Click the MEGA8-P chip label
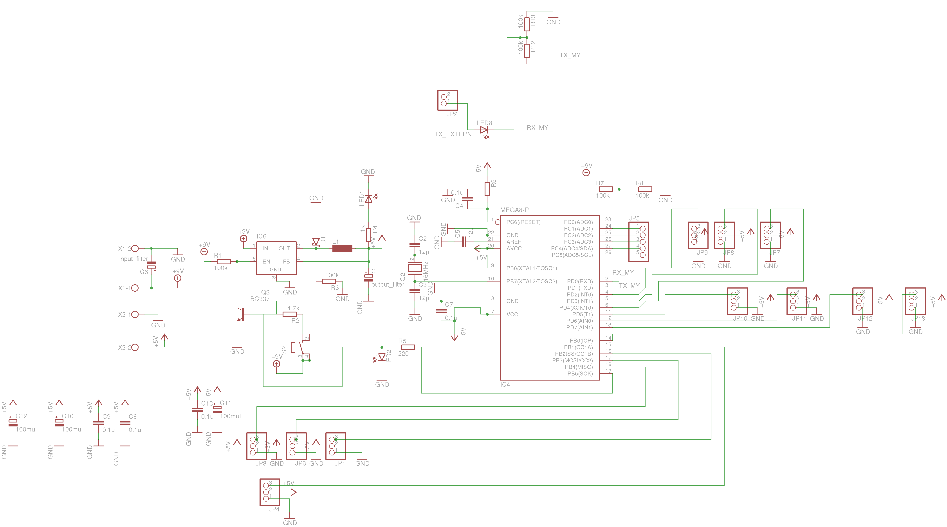(x=514, y=210)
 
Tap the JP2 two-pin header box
(x=447, y=100)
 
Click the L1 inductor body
(x=342, y=249)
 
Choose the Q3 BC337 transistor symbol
(x=241, y=314)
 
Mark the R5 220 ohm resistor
(x=408, y=347)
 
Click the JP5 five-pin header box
(x=639, y=242)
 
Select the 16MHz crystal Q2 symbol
(x=415, y=268)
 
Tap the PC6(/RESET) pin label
(x=523, y=222)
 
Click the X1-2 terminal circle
(x=135, y=249)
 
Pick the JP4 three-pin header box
(x=270, y=492)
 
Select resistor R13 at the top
(x=527, y=24)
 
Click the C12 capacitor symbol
(x=13, y=423)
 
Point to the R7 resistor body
(x=606, y=189)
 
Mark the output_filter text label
(x=388, y=285)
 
